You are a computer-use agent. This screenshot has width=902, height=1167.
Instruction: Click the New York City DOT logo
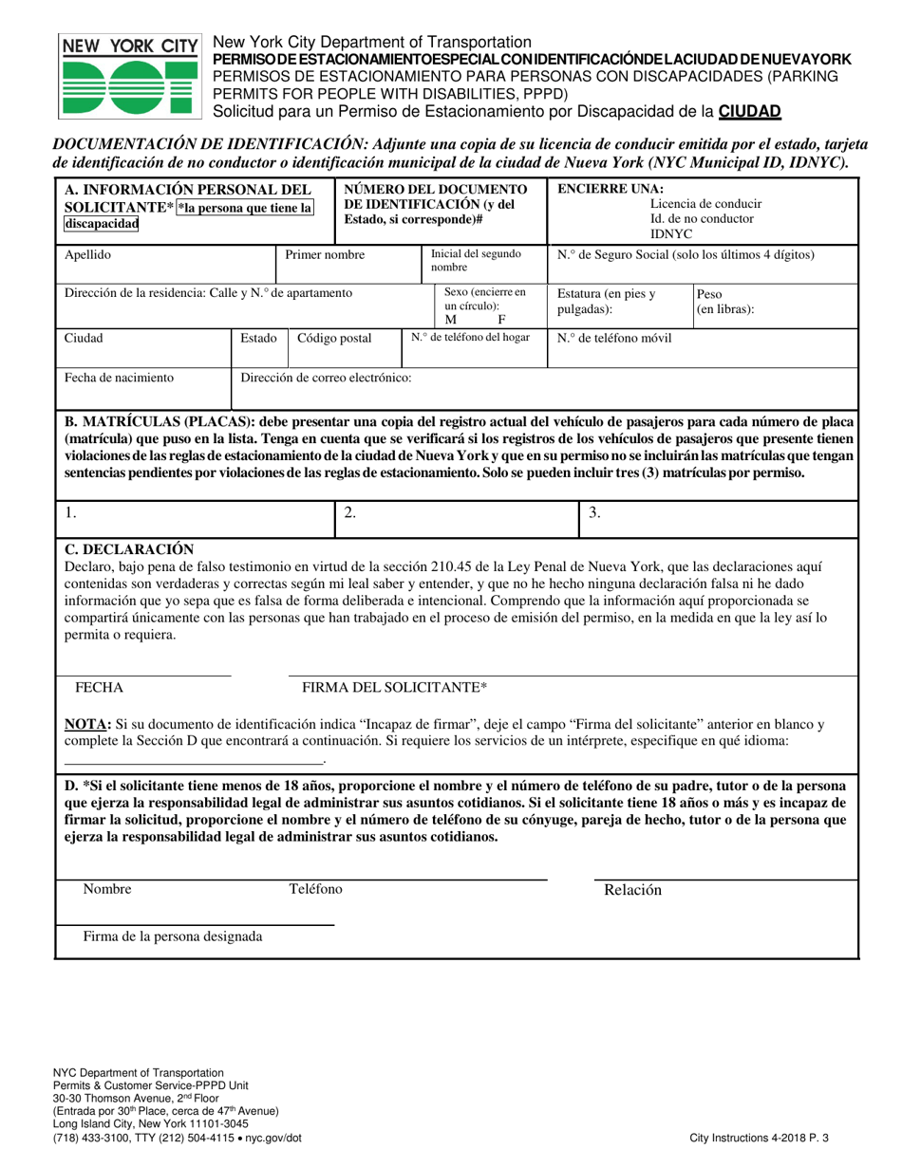(x=129, y=77)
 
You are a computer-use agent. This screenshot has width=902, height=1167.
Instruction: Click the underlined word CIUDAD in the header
(x=749, y=111)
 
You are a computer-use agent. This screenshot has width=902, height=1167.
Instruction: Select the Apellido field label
(x=87, y=255)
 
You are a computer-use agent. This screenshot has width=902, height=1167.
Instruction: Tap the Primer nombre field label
(x=325, y=255)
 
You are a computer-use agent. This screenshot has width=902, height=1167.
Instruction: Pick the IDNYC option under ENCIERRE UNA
(x=671, y=232)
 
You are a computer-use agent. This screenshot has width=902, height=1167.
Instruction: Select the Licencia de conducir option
(x=705, y=204)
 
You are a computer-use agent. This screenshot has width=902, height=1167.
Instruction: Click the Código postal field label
(x=335, y=338)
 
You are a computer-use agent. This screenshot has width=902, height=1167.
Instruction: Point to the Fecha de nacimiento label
(x=119, y=378)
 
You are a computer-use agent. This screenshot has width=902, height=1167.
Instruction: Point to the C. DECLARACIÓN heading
(x=128, y=549)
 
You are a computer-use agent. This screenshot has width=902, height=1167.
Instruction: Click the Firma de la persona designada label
(x=173, y=936)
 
